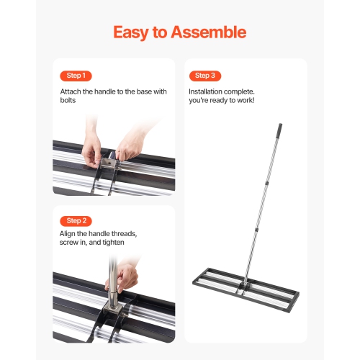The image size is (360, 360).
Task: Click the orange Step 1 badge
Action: click(76, 76)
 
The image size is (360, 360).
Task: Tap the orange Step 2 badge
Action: click(76, 220)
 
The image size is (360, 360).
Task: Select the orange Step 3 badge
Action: click(204, 76)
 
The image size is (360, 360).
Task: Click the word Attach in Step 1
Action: click(71, 92)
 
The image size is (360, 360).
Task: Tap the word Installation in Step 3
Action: click(209, 92)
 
